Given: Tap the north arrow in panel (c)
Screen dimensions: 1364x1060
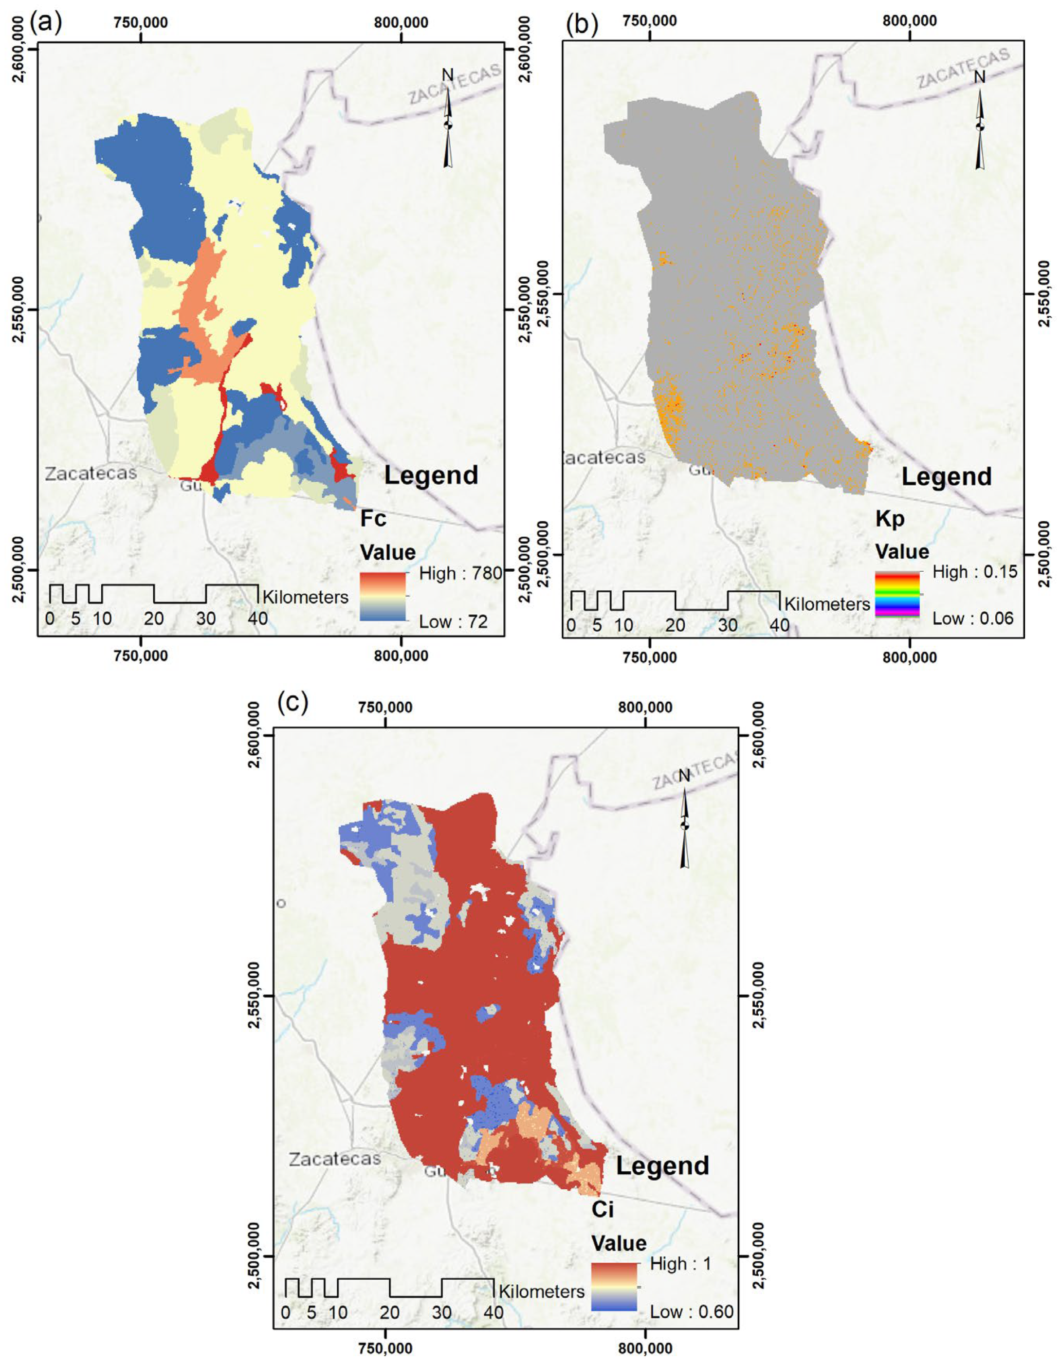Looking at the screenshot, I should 685,820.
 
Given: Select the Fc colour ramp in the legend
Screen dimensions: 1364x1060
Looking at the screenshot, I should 383,597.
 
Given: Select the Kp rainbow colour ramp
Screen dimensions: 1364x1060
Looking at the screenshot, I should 897,594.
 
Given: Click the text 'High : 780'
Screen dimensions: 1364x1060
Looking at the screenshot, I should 460,573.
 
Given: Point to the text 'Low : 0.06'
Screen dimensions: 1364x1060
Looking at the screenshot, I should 972,618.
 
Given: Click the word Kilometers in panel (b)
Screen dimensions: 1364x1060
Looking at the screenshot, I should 826,604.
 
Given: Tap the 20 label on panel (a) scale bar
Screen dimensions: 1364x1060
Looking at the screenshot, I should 154,618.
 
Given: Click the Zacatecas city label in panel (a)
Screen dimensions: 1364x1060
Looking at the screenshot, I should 91,473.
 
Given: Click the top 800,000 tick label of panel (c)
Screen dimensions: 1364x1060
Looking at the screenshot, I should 645,708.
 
